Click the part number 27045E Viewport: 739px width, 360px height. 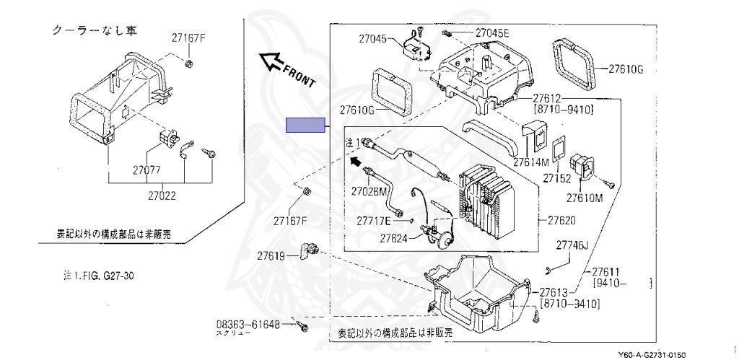pyautogui.click(x=493, y=32)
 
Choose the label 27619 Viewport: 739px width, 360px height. pyautogui.click(x=271, y=255)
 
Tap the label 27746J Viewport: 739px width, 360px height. pyautogui.click(x=573, y=246)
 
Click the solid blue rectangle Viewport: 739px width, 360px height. pyautogui.click(x=305, y=126)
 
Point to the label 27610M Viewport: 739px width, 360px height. pyautogui.click(x=585, y=197)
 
